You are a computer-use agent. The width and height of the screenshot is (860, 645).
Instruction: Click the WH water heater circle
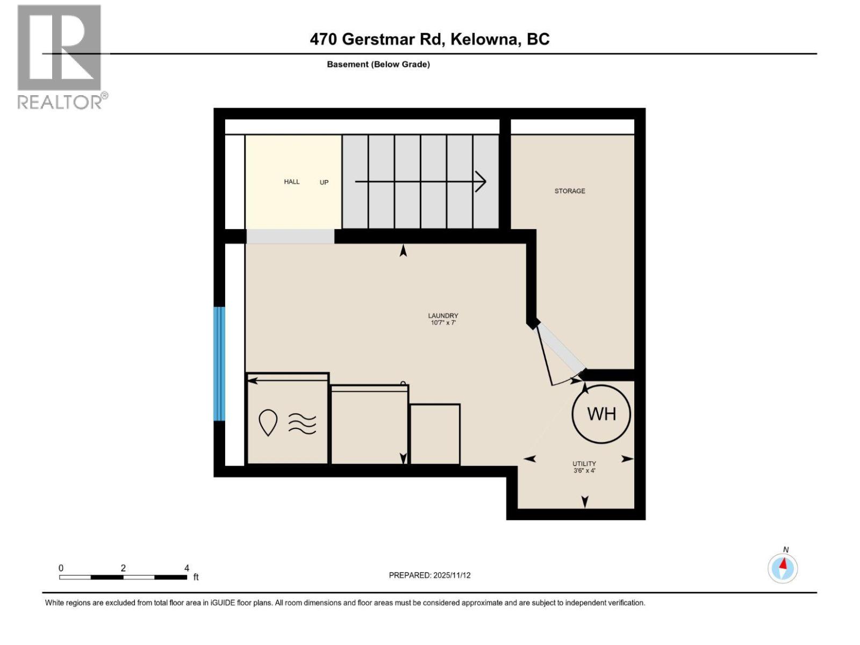pyautogui.click(x=601, y=414)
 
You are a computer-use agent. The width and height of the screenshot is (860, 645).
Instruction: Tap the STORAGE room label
pyautogui.click(x=570, y=191)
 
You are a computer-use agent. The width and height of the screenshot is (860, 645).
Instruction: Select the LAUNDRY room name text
pyautogui.click(x=443, y=316)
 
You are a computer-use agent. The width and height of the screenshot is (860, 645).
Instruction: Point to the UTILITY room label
pyautogui.click(x=584, y=463)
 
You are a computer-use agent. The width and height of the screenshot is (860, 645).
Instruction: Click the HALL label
pyautogui.click(x=292, y=182)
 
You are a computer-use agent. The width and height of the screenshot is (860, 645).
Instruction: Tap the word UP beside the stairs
pyautogui.click(x=324, y=182)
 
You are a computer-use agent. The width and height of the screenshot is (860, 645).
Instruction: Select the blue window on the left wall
pyautogui.click(x=219, y=363)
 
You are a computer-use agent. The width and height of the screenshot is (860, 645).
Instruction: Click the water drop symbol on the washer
pyautogui.click(x=268, y=422)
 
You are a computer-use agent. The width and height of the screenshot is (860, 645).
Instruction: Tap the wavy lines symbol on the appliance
pyautogui.click(x=302, y=424)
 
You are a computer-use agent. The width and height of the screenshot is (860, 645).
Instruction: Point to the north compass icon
pyautogui.click(x=783, y=568)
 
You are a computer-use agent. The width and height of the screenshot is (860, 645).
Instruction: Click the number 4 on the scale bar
pyautogui.click(x=187, y=568)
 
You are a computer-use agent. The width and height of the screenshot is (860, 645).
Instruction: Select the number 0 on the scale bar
pyautogui.click(x=61, y=568)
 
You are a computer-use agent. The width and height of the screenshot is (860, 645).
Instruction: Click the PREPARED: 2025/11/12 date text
pyautogui.click(x=429, y=575)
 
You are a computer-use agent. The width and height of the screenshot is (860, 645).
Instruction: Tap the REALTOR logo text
pyautogui.click(x=61, y=102)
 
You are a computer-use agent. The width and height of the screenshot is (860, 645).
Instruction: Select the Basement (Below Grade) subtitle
pyautogui.click(x=378, y=64)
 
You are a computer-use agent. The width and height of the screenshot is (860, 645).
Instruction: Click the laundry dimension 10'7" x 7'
pyautogui.click(x=443, y=323)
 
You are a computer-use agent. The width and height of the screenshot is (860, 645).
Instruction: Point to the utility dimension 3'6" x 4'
pyautogui.click(x=584, y=471)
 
